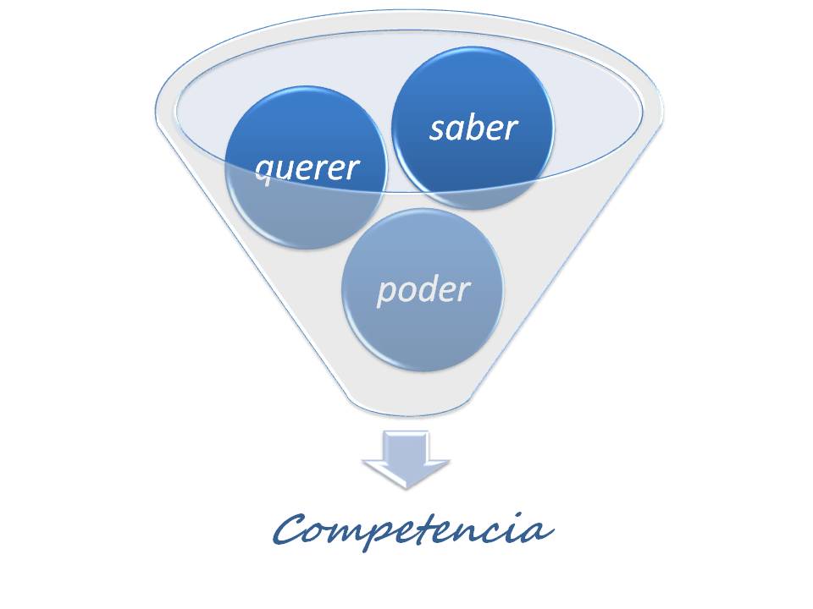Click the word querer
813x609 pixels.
(x=307, y=169)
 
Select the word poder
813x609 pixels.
(x=423, y=290)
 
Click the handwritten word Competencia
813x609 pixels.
(x=412, y=529)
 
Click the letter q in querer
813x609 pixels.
(x=265, y=172)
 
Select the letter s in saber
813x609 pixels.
(x=438, y=130)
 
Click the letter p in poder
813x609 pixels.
(x=387, y=294)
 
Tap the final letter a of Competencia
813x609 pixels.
(x=539, y=532)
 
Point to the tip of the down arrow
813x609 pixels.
(x=406, y=489)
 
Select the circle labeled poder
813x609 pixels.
(x=423, y=290)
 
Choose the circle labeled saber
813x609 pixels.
(x=473, y=128)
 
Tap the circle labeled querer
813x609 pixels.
(x=307, y=167)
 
